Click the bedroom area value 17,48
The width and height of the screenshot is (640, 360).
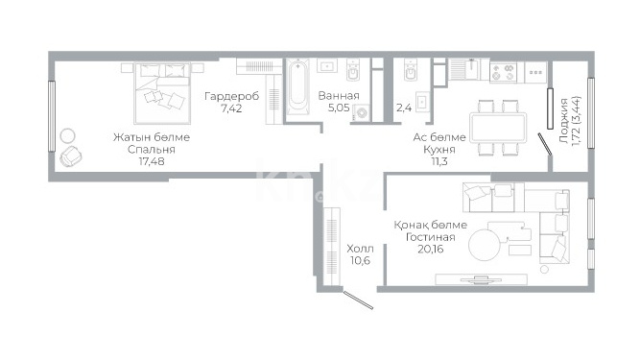click(152, 161)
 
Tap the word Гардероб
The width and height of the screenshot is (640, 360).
click(231, 97)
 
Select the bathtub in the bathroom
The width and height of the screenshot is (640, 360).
click(297, 87)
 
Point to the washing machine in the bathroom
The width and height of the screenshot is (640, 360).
click(362, 112)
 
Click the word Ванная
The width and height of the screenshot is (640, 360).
click(339, 96)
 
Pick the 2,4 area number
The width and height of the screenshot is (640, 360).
click(404, 108)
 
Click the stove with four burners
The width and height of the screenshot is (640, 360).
click(503, 72)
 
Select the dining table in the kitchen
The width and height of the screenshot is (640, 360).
click(498, 128)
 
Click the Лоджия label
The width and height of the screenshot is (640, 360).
click(563, 120)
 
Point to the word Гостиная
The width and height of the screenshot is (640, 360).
click(430, 237)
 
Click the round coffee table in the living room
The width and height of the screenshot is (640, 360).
click(485, 246)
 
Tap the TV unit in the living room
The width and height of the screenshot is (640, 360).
click(482, 279)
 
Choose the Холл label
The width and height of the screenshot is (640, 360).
click(360, 249)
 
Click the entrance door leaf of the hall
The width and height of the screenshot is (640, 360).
click(358, 300)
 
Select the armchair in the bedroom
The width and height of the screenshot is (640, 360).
click(71, 156)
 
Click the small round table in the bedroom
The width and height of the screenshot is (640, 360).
click(67, 135)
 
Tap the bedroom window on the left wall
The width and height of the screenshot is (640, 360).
click(52, 116)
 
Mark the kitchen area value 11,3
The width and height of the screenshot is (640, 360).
click(439, 161)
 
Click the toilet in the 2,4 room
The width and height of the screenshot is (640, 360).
click(410, 70)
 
